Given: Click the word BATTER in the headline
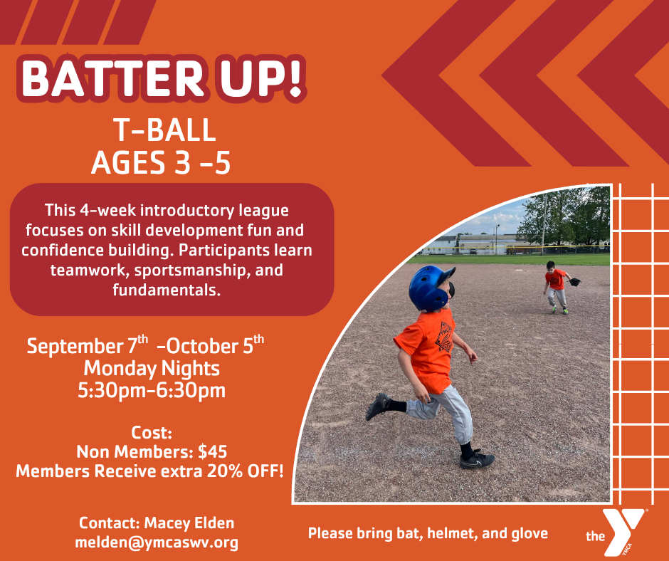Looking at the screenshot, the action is pos(112,79).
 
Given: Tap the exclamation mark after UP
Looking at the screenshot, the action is pos(294,79).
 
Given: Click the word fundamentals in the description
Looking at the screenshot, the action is pos(167,290).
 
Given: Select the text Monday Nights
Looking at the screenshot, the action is pos(152,368).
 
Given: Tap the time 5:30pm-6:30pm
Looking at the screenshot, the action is pos(152,390).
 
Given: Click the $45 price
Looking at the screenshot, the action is pos(213,451).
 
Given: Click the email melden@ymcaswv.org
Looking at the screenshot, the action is pos(157,542).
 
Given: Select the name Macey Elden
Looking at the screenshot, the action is pos(189,523).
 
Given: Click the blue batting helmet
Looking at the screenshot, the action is pos(430,288).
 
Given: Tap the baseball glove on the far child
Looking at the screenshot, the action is pos(575,282).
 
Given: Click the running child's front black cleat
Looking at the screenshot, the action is pos(477,459).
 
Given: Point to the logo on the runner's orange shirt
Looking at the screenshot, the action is pos(443,337).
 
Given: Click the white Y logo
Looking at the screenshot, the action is pos(623,531).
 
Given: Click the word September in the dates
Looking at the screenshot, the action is pos(75,346).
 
